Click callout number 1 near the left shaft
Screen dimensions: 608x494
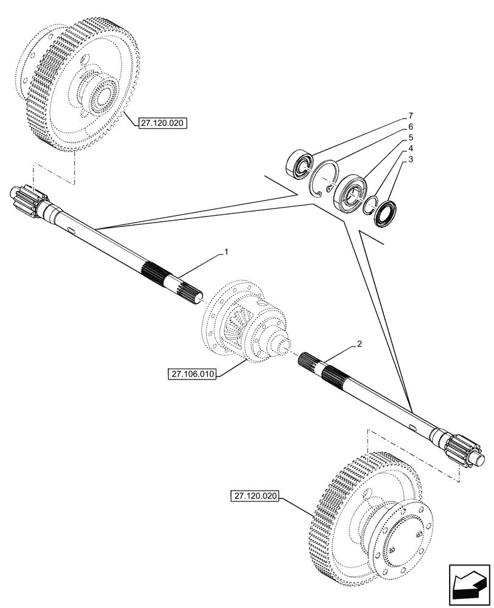[x=226, y=250]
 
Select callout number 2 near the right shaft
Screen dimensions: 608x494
[x=360, y=344]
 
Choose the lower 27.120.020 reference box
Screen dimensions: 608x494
[x=255, y=497]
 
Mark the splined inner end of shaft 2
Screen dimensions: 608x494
[x=317, y=368]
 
